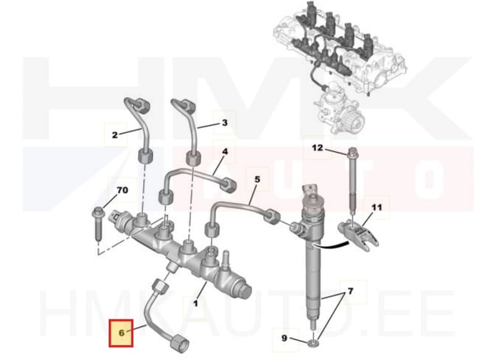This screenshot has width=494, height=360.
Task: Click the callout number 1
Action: pos(196,303)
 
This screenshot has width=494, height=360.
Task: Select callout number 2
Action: pos(114,134)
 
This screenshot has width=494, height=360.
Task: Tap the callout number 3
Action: pos(225,123)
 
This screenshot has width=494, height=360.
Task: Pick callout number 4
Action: pos(225,151)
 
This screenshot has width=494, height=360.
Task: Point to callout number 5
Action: pos(257,179)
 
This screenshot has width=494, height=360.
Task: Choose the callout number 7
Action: pos(351,290)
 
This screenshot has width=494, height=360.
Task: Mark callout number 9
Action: pos(284,338)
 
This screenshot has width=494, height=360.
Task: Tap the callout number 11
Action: pos(377,208)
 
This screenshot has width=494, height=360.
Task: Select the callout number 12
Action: pos(317,148)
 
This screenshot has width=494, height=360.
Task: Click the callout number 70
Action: pos(122,190)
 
